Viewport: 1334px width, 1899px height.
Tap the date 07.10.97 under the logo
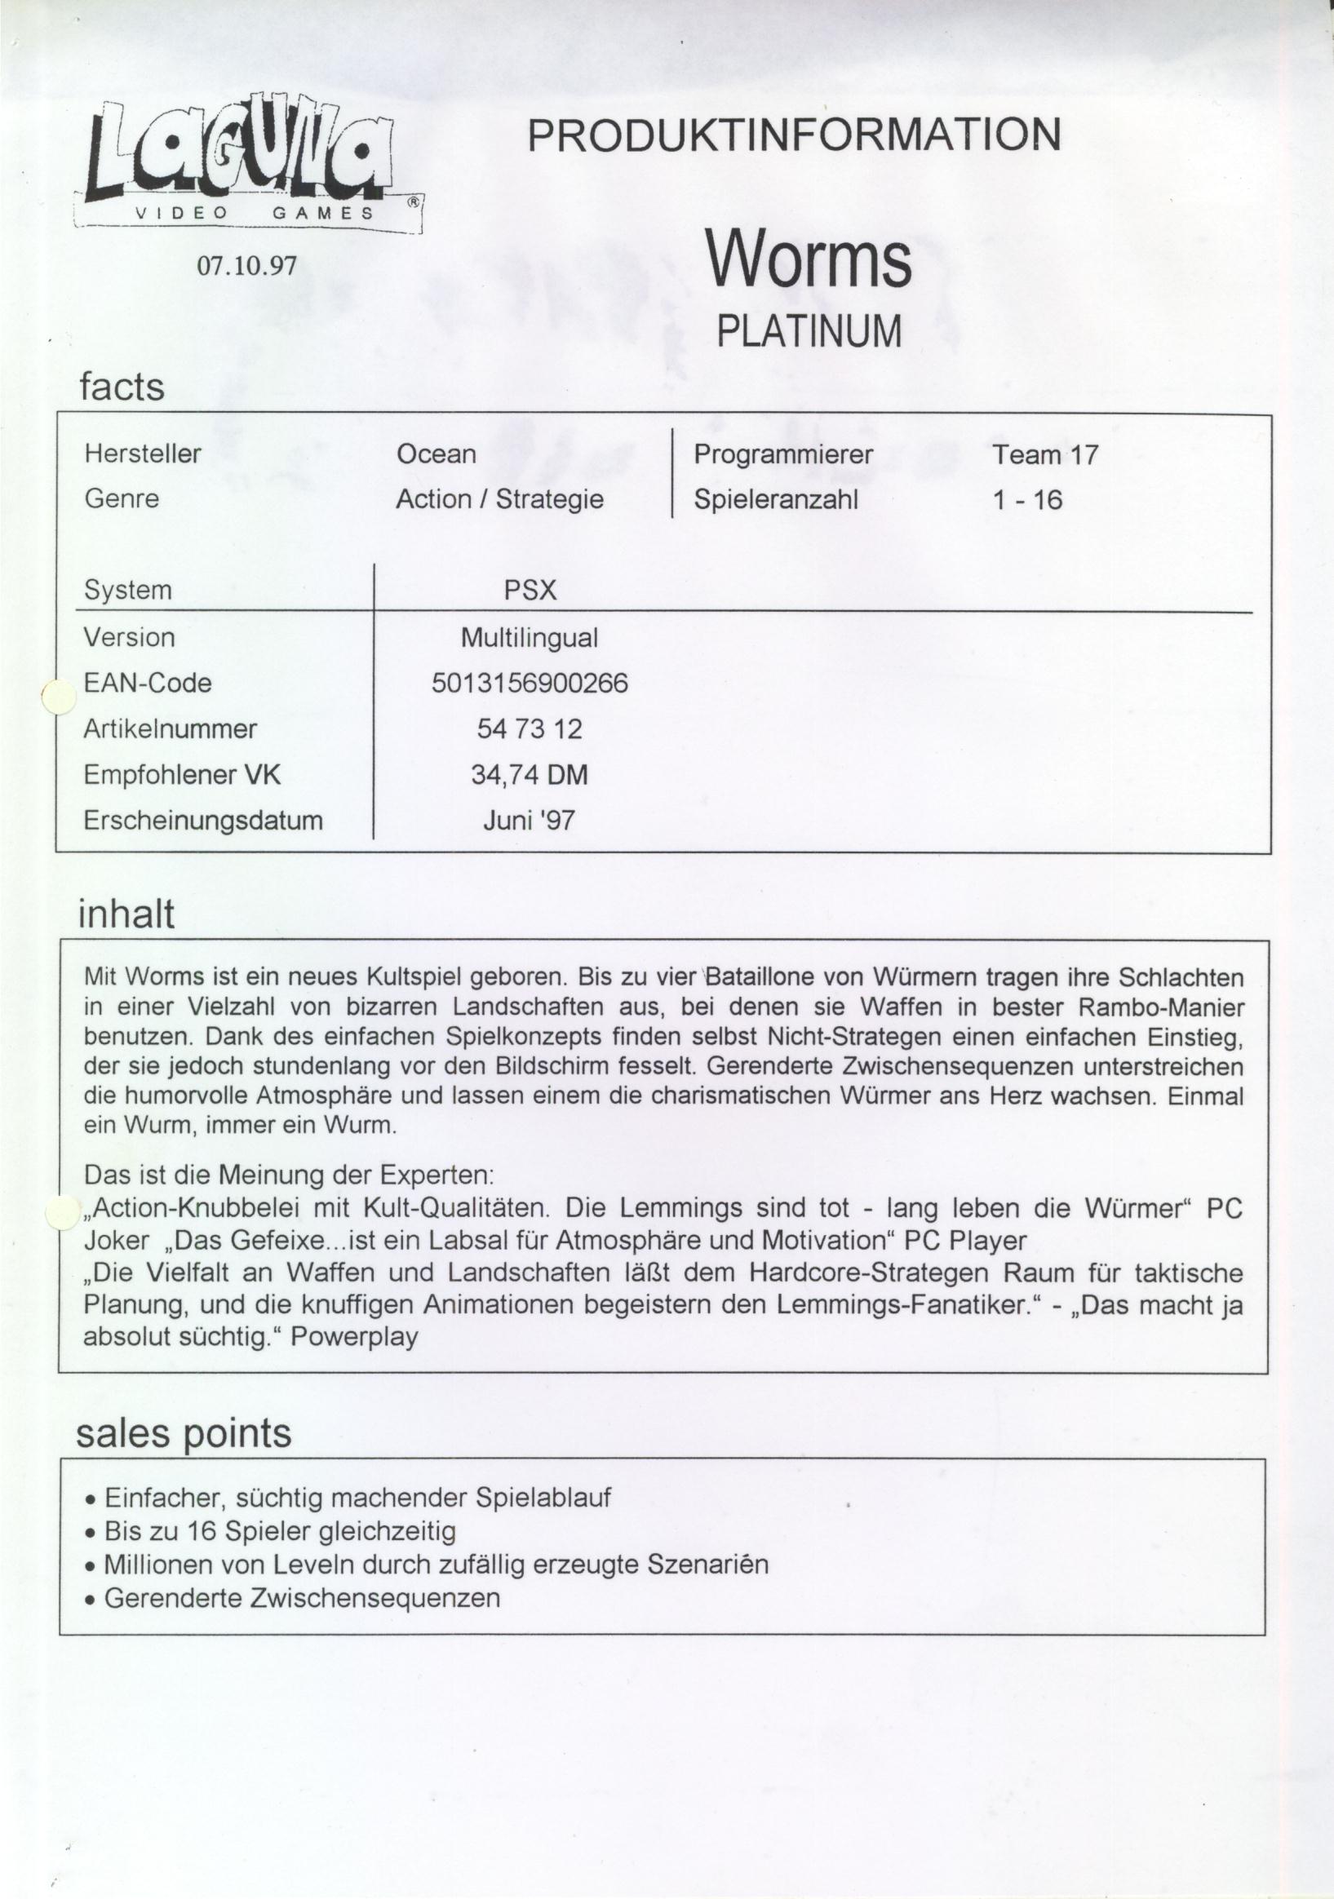[246, 265]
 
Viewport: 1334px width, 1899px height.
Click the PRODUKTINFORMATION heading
[794, 135]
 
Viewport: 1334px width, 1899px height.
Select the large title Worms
[808, 259]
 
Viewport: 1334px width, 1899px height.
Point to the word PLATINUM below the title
[808, 332]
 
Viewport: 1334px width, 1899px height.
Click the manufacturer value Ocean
[437, 454]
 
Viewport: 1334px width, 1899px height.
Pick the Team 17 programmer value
[1045, 455]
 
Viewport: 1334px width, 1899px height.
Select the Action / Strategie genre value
[499, 499]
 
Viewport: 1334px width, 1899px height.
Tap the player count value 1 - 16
[1027, 500]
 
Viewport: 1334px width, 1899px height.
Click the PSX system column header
[530, 591]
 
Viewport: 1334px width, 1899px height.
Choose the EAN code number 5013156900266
[530, 684]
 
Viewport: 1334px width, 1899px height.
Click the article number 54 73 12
[530, 728]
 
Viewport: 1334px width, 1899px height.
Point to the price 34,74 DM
[530, 775]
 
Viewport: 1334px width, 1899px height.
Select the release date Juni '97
[530, 821]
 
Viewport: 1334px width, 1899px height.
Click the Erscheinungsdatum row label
[203, 821]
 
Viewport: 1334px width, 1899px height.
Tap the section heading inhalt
[126, 914]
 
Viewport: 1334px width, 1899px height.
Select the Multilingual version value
[530, 638]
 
